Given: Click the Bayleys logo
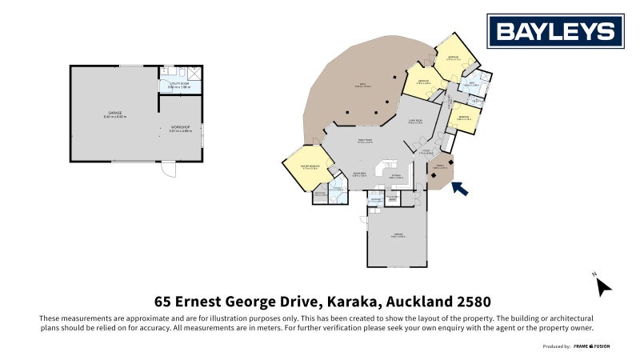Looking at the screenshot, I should point(556,31).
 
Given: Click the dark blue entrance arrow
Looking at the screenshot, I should point(460,189).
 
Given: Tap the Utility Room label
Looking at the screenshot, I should point(174,84).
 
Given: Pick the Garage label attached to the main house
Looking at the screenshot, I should point(395,235).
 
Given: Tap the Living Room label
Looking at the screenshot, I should point(415,121).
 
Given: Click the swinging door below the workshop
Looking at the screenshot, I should point(168,169).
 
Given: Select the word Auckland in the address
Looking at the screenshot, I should point(411,302).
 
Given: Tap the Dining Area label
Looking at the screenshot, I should point(359,174).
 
